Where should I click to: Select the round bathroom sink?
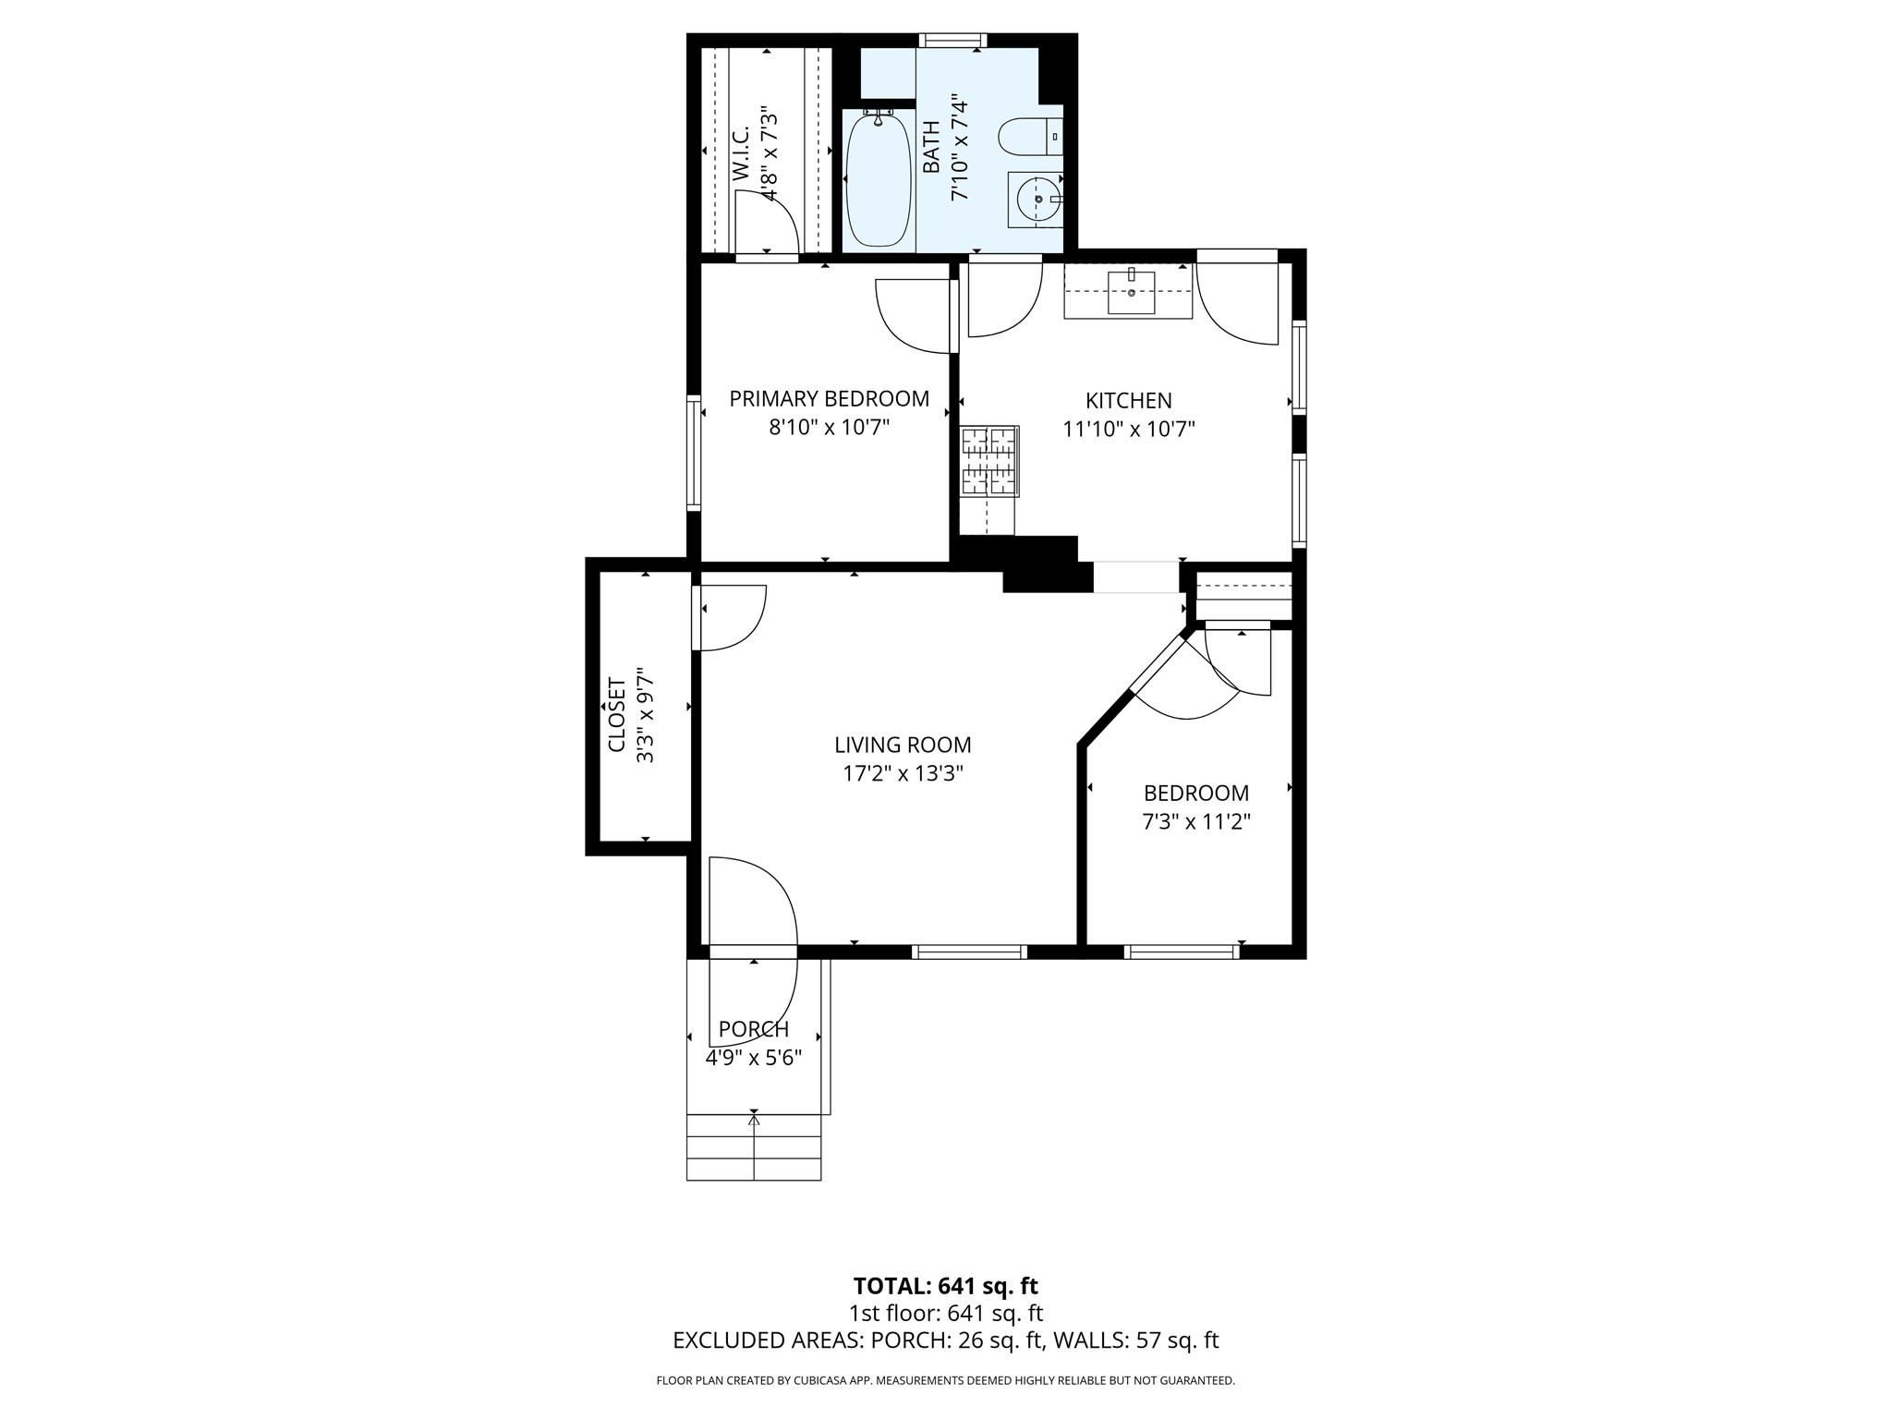(1037, 199)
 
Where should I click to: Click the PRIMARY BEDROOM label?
(829, 398)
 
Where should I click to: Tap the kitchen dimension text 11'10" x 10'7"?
(1129, 429)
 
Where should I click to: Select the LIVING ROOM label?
(903, 745)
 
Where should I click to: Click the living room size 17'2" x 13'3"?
(903, 773)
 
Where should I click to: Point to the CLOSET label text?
(617, 715)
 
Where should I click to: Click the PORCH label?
(753, 1029)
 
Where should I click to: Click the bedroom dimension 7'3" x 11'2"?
(1196, 821)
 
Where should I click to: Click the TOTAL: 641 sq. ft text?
(945, 1286)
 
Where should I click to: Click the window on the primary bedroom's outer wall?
(694, 452)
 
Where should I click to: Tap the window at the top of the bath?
(952, 40)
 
